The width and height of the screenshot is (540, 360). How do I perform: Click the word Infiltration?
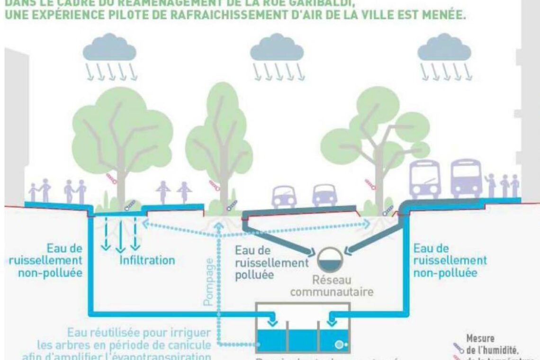tap(147, 260)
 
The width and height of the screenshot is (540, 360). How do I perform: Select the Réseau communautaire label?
tap(332, 286)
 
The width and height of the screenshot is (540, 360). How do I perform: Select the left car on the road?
tap(284, 195)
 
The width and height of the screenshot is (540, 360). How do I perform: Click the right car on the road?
tap(324, 195)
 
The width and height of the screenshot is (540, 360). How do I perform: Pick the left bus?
tap(424, 179)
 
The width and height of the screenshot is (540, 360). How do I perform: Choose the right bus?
tap(466, 179)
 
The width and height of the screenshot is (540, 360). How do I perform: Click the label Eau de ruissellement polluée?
tap(270, 263)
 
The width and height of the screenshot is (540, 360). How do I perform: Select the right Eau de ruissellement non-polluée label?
tap(450, 261)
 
